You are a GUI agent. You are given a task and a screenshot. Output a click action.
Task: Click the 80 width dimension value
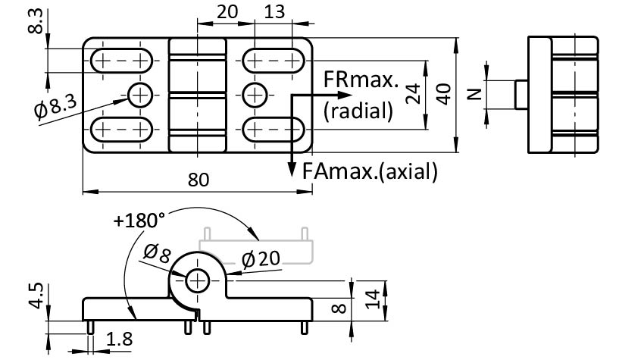(198, 180)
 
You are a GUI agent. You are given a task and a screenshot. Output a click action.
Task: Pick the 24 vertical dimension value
(412, 94)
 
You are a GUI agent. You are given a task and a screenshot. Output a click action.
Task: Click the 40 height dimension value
(445, 94)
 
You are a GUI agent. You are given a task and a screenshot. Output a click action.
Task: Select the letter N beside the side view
(474, 94)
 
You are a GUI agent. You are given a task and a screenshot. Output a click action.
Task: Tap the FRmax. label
(361, 80)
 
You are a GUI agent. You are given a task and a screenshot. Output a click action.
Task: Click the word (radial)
(358, 111)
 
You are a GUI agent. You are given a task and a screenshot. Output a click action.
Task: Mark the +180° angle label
(139, 221)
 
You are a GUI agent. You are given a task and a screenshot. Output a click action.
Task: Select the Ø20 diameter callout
(261, 259)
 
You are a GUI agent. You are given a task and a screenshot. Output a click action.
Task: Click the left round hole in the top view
(140, 95)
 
